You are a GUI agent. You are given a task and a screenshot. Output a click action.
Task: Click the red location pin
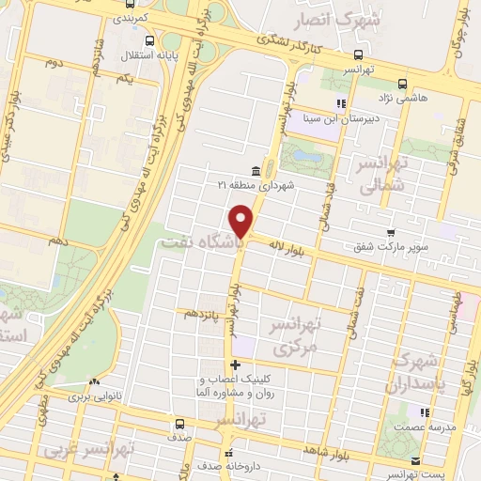(x=243, y=222)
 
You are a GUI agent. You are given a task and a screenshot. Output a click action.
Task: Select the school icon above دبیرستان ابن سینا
(x=342, y=103)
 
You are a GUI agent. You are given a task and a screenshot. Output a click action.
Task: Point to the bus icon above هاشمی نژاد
(x=402, y=83)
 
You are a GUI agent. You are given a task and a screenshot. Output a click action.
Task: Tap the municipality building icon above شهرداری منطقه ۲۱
(x=256, y=171)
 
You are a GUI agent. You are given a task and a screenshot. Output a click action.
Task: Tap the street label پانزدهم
(x=204, y=312)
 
